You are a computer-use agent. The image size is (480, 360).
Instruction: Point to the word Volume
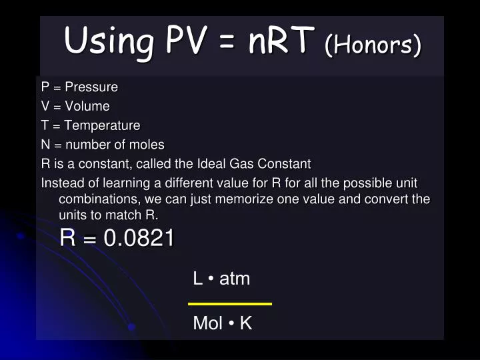(87, 106)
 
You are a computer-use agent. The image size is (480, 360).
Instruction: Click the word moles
(147, 145)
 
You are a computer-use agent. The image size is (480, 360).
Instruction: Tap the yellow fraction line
(230, 304)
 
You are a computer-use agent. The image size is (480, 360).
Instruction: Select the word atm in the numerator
(235, 279)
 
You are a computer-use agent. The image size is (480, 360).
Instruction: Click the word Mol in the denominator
(207, 324)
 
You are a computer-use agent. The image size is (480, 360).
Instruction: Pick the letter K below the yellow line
(245, 324)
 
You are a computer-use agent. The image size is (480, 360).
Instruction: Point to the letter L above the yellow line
(197, 279)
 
